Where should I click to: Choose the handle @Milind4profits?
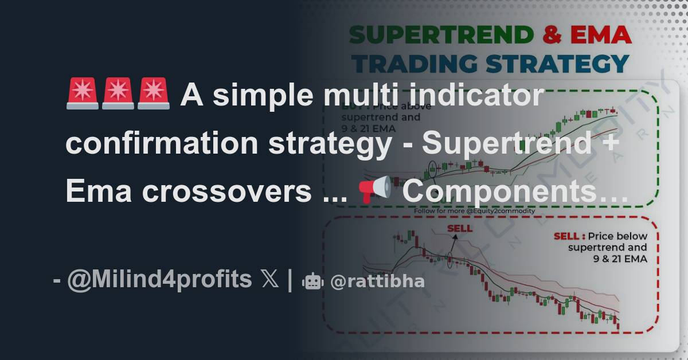159,280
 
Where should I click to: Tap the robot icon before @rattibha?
312,281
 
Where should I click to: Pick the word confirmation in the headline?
162,143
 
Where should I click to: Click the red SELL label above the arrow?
460,229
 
